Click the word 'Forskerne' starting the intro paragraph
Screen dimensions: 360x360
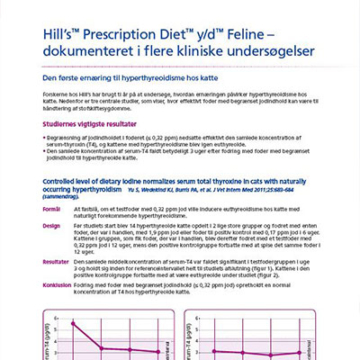click(x=57, y=94)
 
